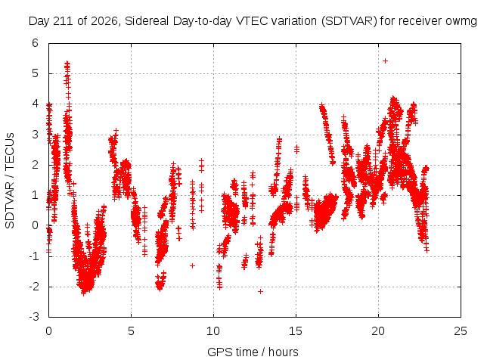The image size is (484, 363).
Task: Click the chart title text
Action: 253,21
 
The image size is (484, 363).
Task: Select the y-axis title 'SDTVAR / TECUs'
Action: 10,181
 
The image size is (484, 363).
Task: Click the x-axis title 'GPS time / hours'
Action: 253,352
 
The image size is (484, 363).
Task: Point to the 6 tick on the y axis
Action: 36,43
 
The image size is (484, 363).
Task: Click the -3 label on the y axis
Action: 34,317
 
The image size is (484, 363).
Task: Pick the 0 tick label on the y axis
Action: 36,225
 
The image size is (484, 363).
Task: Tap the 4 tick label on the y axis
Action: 36,104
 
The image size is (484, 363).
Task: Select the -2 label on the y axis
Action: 34,287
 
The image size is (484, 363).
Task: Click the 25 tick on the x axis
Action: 461,331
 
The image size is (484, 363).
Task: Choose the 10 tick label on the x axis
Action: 213,331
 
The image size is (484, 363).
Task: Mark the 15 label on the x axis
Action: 296,331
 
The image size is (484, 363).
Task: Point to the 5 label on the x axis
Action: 131,331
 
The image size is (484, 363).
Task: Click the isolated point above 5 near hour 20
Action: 385,60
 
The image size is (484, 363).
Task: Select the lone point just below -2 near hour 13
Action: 260,291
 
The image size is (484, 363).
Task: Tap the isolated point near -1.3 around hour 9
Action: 192,265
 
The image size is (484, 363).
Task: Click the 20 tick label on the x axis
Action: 378,331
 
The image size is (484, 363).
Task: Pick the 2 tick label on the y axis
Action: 36,165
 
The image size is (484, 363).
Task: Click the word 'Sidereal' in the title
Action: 147,21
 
